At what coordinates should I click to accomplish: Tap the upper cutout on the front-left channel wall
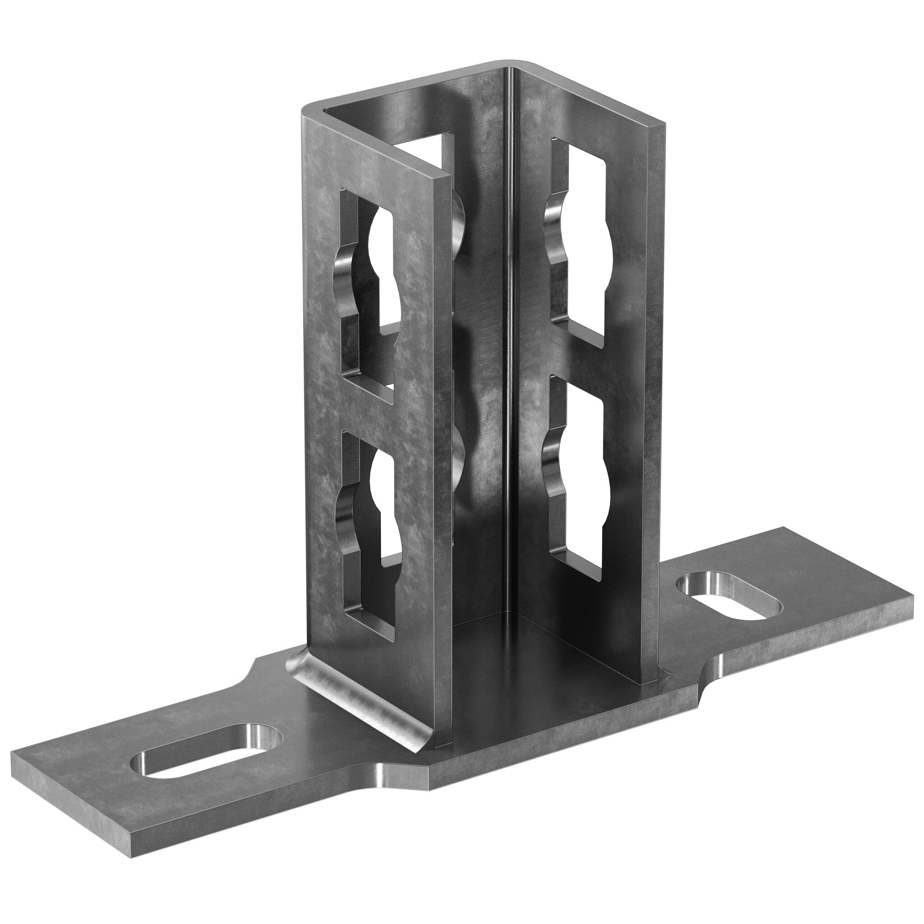(x=366, y=287)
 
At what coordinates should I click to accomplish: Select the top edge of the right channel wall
(x=593, y=96)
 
